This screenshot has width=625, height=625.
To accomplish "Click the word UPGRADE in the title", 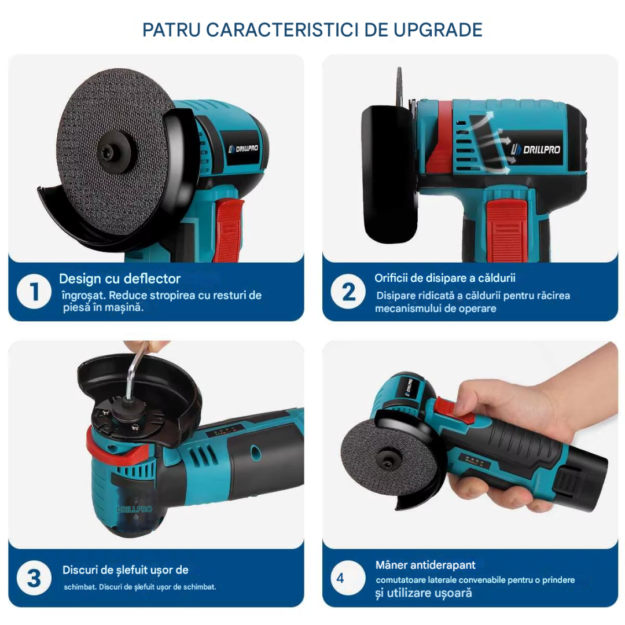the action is (437, 30).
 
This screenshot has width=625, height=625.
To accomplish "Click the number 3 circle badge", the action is (34, 578).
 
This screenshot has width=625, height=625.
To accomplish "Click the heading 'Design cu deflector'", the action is (120, 278).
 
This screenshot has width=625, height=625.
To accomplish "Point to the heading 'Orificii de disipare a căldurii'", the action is (445, 278).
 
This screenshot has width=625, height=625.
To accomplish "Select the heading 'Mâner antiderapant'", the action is (425, 565).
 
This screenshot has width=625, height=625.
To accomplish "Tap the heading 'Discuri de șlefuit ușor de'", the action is (125, 571).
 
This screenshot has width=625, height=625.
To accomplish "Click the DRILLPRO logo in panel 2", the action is (536, 149).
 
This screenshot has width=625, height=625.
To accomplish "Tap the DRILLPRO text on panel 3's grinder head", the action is (134, 509).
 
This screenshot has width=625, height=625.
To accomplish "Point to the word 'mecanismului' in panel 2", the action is (407, 308).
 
